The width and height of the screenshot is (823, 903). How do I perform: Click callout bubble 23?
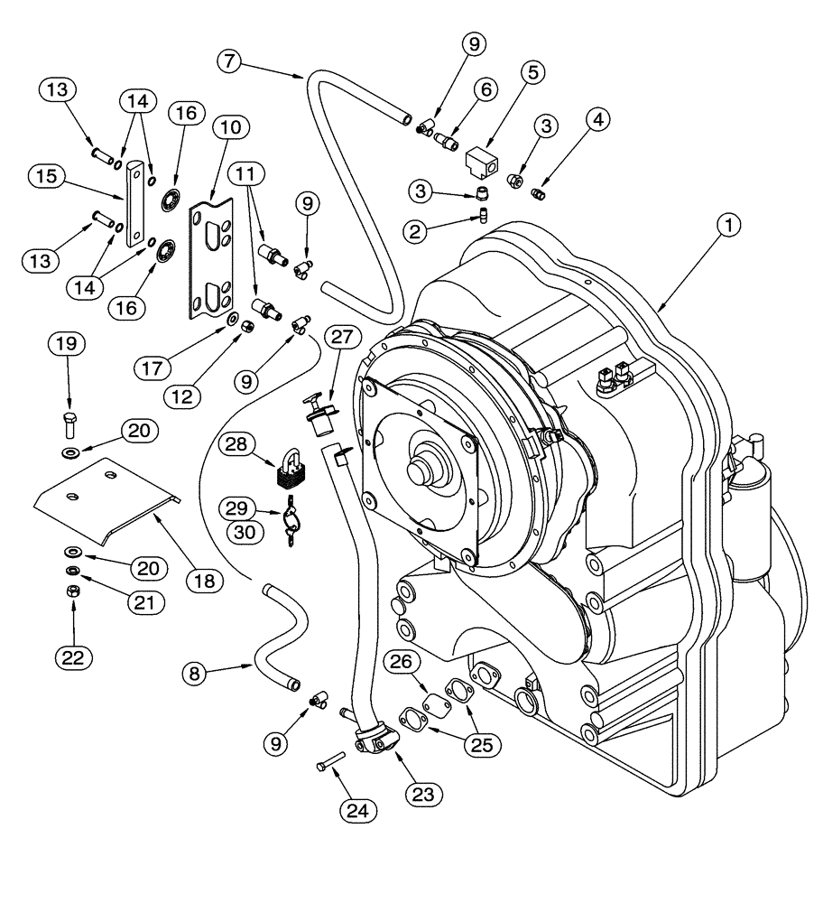[424, 794]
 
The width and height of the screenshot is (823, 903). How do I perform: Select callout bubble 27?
[342, 337]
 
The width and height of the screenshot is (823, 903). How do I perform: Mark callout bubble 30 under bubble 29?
[241, 534]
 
